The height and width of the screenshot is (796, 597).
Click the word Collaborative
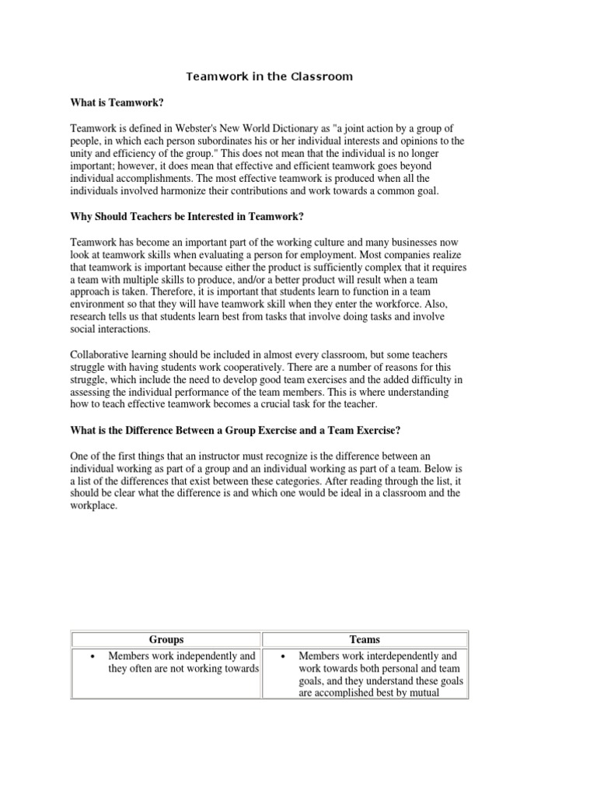click(x=103, y=354)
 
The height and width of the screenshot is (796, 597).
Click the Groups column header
click(x=166, y=639)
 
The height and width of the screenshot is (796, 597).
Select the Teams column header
click(x=365, y=639)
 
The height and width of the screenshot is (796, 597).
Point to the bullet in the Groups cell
click(x=93, y=657)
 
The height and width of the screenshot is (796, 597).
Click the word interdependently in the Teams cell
click(x=399, y=656)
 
